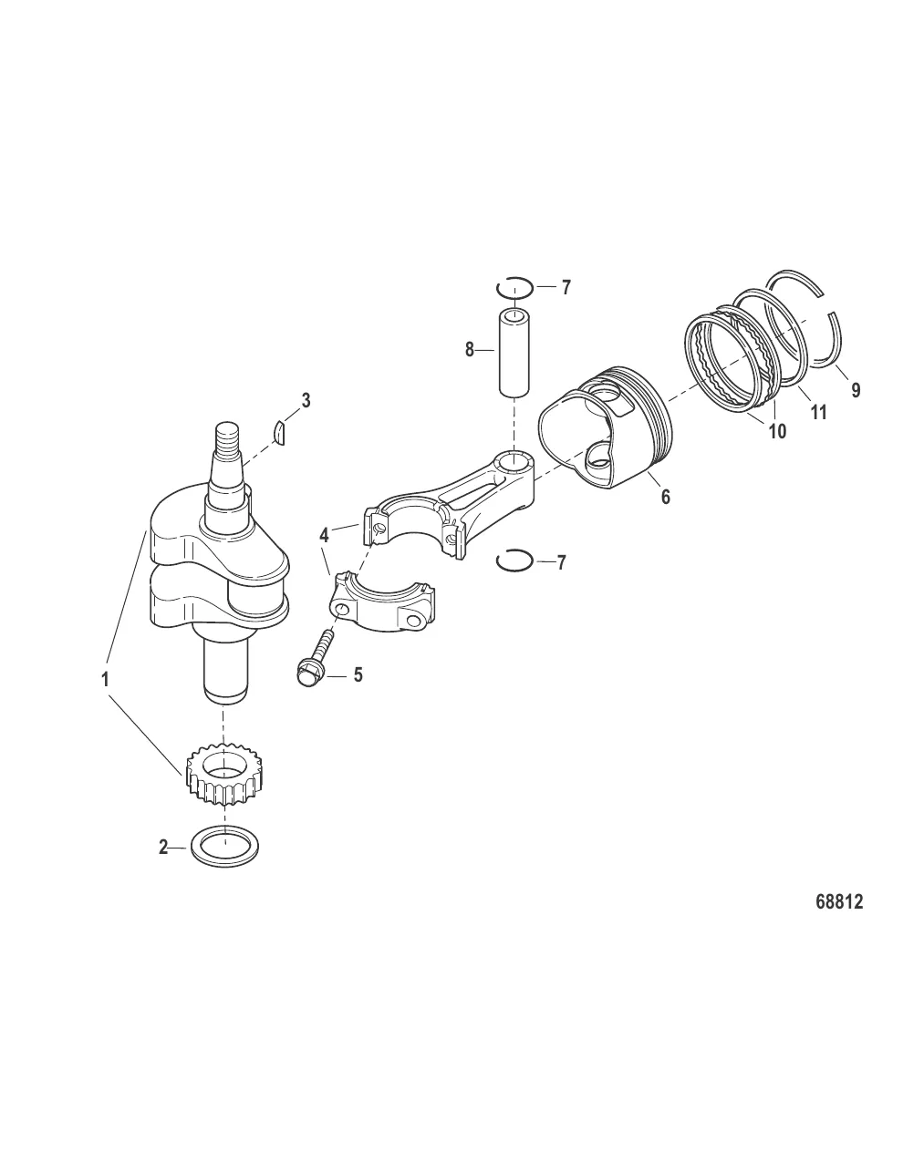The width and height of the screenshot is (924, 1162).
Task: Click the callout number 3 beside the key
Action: pos(306,400)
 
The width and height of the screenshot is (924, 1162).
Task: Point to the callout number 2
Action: pos(164,848)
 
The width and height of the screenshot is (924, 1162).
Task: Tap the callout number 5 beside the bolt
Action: pos(358,675)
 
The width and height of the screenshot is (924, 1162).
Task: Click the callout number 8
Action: pos(470,349)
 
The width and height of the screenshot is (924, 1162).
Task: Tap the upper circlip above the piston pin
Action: pos(514,290)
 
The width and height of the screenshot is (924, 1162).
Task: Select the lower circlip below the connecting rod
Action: pos(514,561)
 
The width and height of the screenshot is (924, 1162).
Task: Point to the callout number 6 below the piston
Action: pos(665,497)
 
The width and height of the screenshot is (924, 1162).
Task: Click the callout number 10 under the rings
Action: pos(777,431)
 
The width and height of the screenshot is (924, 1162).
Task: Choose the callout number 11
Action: pos(818,412)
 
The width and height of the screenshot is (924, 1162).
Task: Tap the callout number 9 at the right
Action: pos(856,390)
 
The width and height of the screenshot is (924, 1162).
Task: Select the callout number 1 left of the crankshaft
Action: pos(107,679)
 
